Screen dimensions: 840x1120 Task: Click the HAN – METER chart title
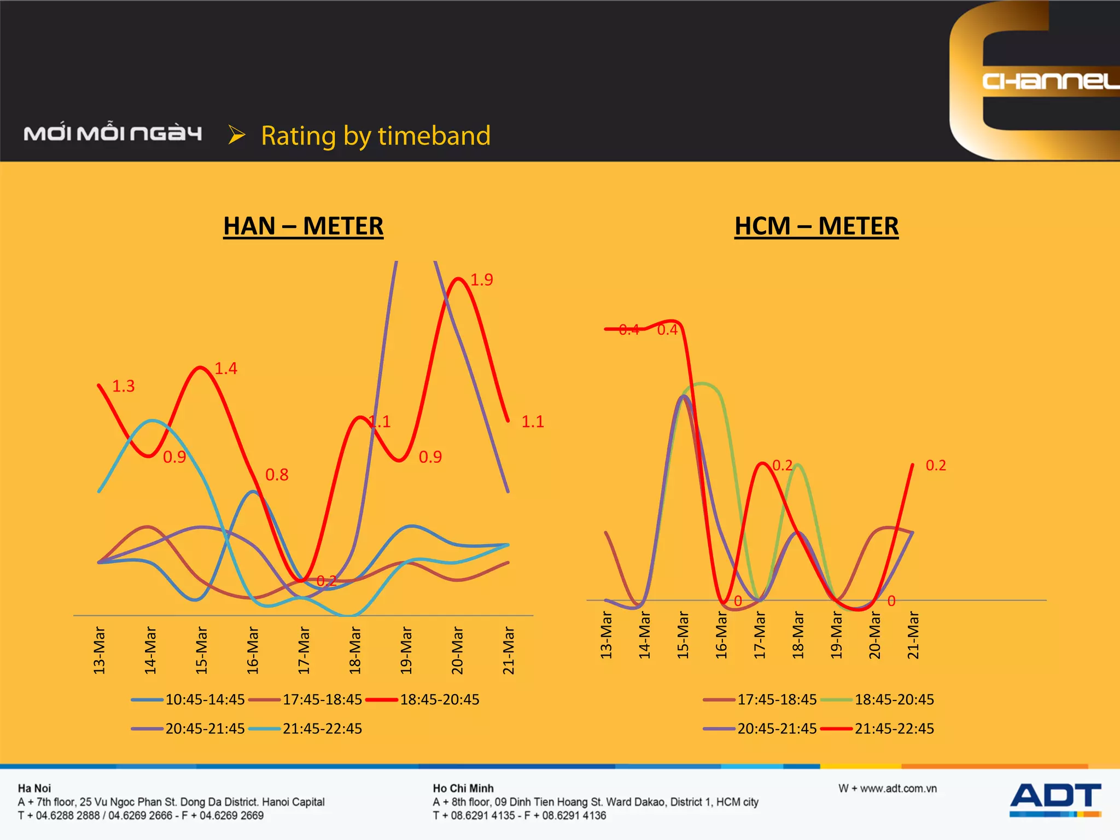click(x=303, y=226)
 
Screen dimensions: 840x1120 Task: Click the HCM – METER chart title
click(x=816, y=226)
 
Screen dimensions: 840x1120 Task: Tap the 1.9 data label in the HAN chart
click(x=482, y=280)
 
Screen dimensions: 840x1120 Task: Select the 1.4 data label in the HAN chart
click(x=226, y=369)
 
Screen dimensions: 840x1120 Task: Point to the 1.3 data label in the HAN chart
click(x=123, y=387)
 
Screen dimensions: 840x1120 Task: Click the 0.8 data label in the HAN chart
click(x=277, y=475)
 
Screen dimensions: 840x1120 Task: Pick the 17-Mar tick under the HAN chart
click(x=304, y=650)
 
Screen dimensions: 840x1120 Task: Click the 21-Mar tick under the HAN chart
click(x=509, y=650)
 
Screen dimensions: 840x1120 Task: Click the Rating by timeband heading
click(x=376, y=136)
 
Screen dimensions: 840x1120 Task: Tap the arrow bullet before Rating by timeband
click(x=236, y=135)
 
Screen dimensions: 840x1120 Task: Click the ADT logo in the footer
click(x=1055, y=799)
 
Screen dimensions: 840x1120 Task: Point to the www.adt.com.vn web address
click(x=888, y=789)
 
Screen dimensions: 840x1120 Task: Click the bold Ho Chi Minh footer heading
click(x=463, y=789)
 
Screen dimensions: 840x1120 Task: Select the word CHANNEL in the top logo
click(x=1050, y=81)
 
